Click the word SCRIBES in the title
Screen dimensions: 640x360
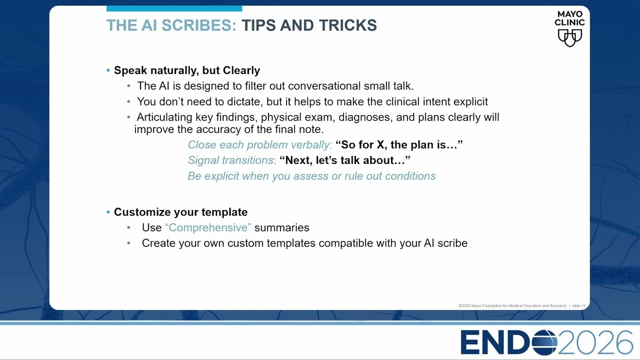(199, 25)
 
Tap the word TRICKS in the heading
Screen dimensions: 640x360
(348, 25)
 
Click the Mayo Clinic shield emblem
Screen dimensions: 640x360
(569, 37)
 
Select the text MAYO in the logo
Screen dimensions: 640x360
(569, 14)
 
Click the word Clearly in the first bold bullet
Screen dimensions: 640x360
(241, 70)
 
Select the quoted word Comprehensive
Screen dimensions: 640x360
(208, 227)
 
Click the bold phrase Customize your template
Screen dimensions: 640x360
(180, 212)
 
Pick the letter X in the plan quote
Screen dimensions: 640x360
(380, 144)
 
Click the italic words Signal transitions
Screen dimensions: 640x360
(230, 160)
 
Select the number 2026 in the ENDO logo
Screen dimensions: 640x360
(595, 342)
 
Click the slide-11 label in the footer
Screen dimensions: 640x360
(578, 305)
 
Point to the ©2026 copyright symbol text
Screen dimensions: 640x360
(464, 305)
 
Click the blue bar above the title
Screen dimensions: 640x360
(174, 8)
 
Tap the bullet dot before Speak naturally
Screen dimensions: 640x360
(108, 70)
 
